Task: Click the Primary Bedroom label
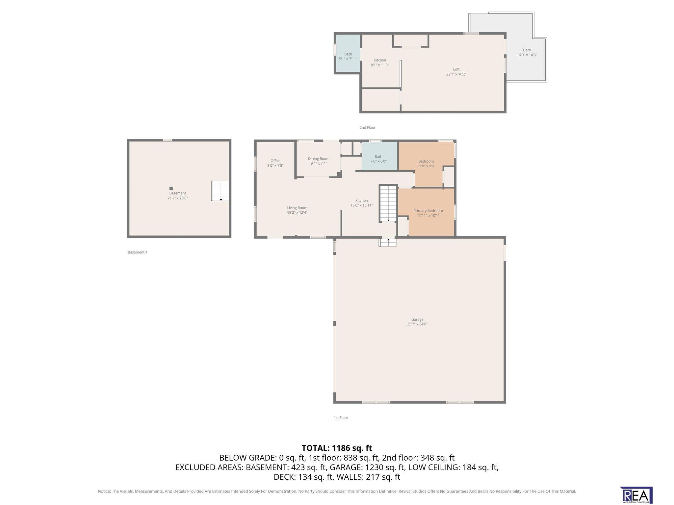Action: click(x=428, y=211)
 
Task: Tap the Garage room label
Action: click(x=417, y=319)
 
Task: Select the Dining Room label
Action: click(x=319, y=159)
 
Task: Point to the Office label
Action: click(x=275, y=161)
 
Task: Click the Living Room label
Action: click(x=297, y=208)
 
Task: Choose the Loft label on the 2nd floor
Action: click(x=456, y=69)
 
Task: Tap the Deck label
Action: click(x=527, y=50)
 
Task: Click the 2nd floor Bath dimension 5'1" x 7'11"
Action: click(x=348, y=59)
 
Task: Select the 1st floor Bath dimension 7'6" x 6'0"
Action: click(x=378, y=161)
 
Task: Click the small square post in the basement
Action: click(x=171, y=188)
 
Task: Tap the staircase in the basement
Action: click(x=220, y=191)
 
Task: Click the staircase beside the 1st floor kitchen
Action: click(x=388, y=204)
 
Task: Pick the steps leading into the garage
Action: click(x=388, y=242)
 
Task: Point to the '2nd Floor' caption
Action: click(x=367, y=128)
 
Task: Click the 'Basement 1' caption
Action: click(x=138, y=252)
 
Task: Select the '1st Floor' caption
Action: click(x=341, y=418)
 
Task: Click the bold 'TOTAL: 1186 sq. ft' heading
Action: click(x=337, y=448)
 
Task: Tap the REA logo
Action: click(x=636, y=495)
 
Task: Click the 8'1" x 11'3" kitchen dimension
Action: click(x=380, y=65)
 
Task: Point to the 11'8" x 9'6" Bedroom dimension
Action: click(x=426, y=166)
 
